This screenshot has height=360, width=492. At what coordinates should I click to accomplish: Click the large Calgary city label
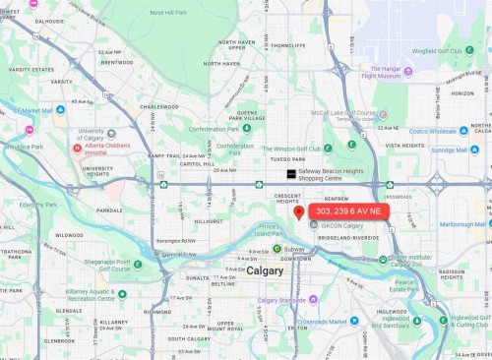coord(265,270)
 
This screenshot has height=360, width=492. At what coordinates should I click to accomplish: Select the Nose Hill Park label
coord(167,13)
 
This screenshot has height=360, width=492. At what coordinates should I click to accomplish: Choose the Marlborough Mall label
coord(462,224)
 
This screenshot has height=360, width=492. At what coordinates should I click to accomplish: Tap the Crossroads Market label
coord(328,322)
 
